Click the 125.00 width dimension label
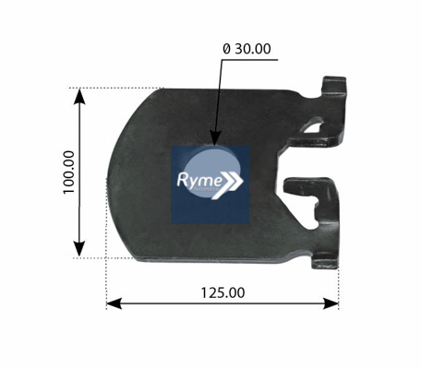click(223, 292)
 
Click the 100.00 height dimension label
click(69, 173)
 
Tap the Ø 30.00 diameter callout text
click(247, 49)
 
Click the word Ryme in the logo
click(199, 180)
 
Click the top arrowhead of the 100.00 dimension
click(80, 96)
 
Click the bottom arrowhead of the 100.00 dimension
click(79, 249)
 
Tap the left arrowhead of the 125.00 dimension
click(114, 304)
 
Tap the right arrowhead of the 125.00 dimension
click(331, 304)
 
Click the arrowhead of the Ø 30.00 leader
click(216, 137)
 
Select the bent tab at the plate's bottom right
click(325, 263)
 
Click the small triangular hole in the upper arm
click(314, 126)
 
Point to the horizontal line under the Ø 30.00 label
click(249, 60)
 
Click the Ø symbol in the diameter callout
click(226, 49)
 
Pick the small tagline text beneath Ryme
click(206, 188)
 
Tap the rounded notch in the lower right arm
click(315, 215)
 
